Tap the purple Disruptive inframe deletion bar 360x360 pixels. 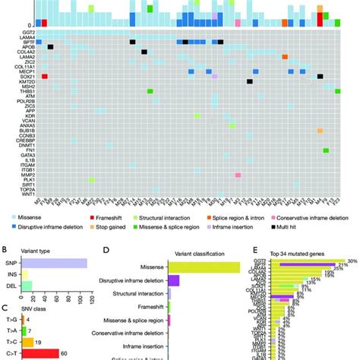(x=174, y=280)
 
